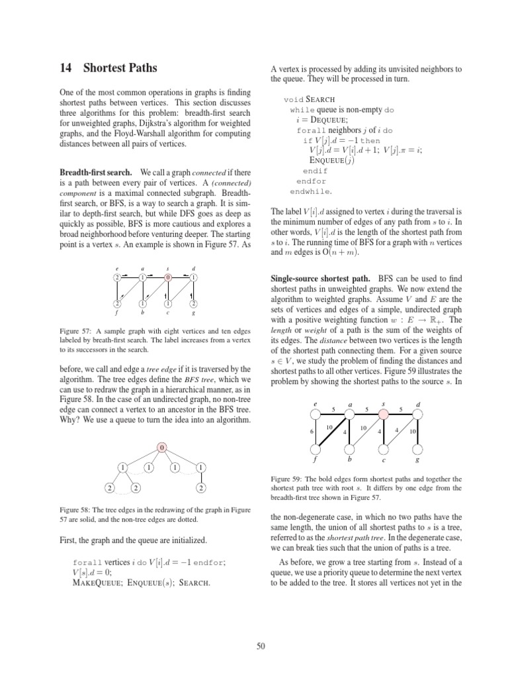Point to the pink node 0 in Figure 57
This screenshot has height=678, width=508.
pyautogui.click(x=168, y=277)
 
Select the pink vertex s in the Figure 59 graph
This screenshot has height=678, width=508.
pyautogui.click(x=382, y=414)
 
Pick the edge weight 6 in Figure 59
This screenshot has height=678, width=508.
pyautogui.click(x=311, y=432)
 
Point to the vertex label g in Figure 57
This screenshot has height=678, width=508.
pyautogui.click(x=193, y=313)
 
